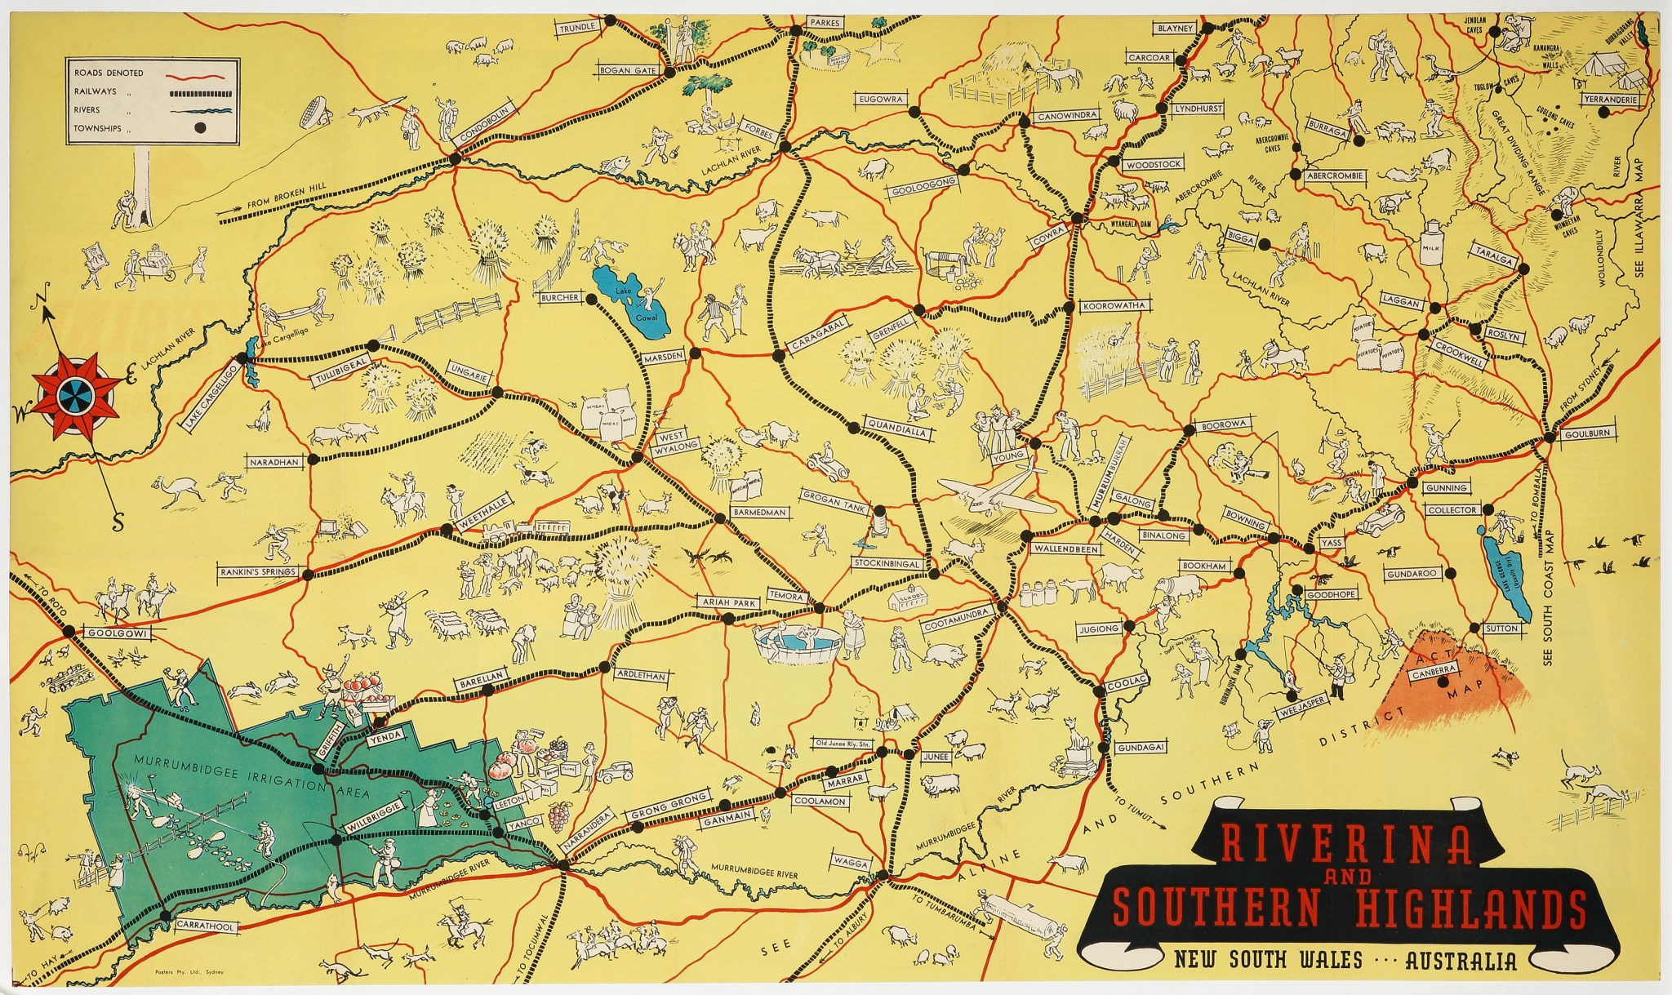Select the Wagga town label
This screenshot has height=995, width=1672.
coord(848,861)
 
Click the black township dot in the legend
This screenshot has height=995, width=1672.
coord(202,127)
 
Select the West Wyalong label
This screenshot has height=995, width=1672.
coord(675,441)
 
